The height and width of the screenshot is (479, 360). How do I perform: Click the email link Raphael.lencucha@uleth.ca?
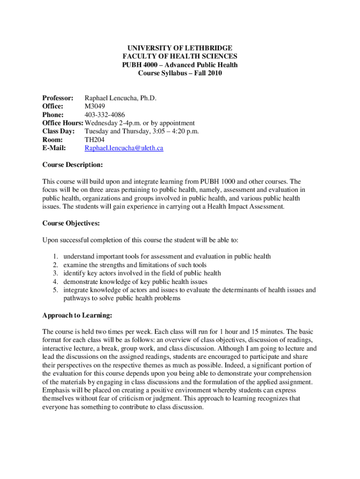123,148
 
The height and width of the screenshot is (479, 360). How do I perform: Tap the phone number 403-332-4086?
105,115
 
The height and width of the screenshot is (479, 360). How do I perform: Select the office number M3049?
94,106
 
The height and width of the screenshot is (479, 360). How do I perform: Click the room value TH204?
94,140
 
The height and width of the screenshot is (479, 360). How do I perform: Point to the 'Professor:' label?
58,98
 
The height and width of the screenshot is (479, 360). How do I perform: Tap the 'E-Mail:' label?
54,148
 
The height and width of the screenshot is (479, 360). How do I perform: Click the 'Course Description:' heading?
72,165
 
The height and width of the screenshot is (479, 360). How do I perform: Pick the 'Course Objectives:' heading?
71,223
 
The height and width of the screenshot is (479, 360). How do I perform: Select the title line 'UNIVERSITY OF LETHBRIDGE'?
180,48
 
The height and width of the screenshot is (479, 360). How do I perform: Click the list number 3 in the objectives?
55,273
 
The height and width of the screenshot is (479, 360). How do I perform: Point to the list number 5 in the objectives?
55,290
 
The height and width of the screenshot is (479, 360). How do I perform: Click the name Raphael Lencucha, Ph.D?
120,98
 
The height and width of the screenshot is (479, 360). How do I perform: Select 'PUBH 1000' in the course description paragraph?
217,181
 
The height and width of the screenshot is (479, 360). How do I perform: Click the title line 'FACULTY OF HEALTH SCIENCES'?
180,57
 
